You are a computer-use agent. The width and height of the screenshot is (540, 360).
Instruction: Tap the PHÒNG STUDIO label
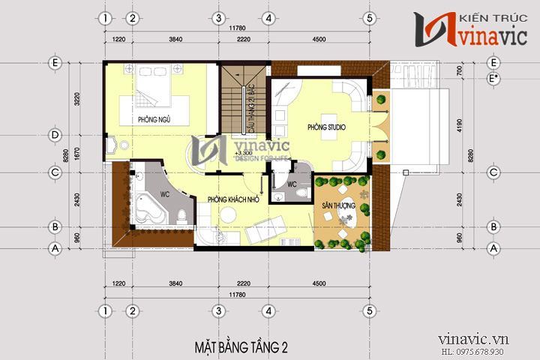pos(326,127)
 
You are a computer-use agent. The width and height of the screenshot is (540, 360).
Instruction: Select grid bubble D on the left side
pos(55,136)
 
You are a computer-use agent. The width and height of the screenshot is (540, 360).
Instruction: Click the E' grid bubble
pos(493,77)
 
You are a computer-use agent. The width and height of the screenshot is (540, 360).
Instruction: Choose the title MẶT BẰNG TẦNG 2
pos(241,347)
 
